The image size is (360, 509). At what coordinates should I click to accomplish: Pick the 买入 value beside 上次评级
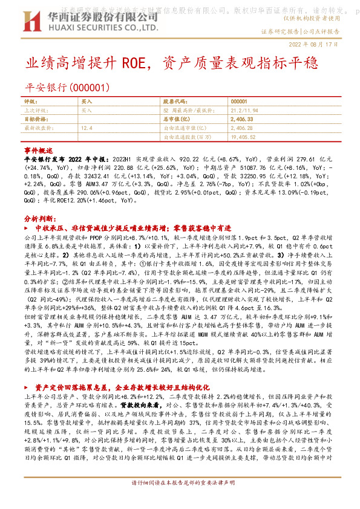87,111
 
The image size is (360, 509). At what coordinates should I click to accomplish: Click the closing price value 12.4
86,128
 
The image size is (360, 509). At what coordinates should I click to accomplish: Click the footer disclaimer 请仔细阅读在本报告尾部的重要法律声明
180,501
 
